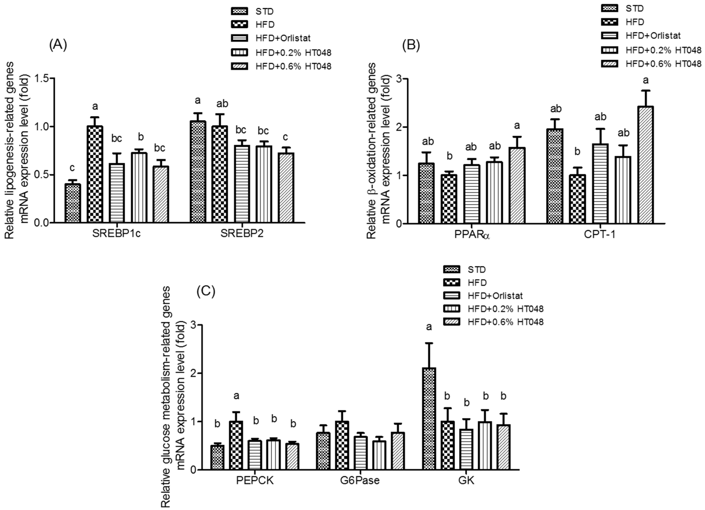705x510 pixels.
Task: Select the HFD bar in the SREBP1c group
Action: (x=95, y=174)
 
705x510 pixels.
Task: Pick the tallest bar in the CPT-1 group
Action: (x=645, y=165)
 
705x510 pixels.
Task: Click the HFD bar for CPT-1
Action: (x=577, y=199)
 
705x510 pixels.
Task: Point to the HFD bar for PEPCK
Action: (x=236, y=445)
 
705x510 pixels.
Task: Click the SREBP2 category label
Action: (x=242, y=233)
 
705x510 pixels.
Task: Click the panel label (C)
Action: (x=206, y=292)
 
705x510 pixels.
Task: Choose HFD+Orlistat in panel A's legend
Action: (x=283, y=38)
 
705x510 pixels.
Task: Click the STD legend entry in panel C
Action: (x=477, y=270)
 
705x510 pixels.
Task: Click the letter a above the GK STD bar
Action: (x=429, y=327)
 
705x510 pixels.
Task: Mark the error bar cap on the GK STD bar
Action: (x=429, y=343)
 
